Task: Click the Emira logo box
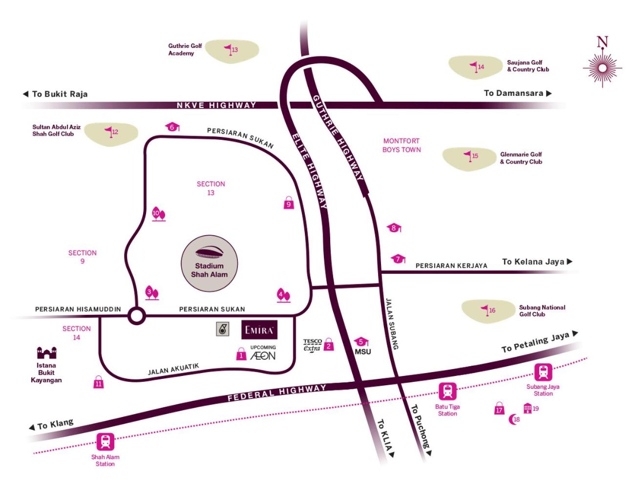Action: point(259,330)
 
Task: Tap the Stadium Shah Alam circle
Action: point(209,263)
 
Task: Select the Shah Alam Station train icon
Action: point(105,442)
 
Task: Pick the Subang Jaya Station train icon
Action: point(543,372)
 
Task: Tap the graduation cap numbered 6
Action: point(172,127)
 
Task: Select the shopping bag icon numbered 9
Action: point(289,202)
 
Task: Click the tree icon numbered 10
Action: point(159,214)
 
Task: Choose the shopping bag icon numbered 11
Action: point(98,382)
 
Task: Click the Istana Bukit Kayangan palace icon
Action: point(46,352)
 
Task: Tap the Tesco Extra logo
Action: point(313,346)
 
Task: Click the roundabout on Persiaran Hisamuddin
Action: point(137,316)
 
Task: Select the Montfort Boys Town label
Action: point(401,145)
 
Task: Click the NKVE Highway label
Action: point(216,105)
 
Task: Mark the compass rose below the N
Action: point(602,68)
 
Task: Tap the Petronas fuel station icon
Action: point(222,329)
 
